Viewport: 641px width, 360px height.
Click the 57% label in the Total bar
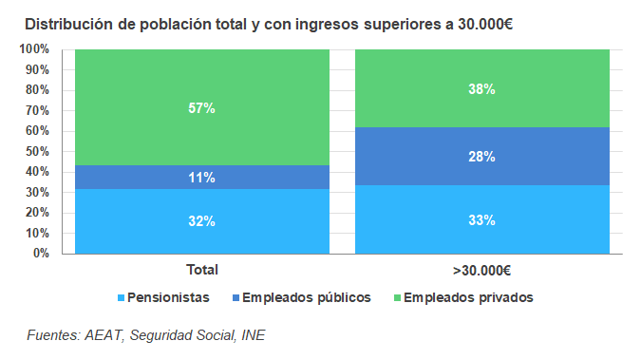pos(201,108)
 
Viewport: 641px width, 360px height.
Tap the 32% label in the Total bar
pos(201,221)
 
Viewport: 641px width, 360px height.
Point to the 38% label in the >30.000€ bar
pos(481,89)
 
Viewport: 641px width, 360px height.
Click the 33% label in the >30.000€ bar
pos(481,220)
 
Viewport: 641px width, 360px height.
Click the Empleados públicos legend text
pos(306,297)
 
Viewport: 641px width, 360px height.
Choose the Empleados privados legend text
pos(468,297)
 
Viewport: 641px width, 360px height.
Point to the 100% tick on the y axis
pos(34,49)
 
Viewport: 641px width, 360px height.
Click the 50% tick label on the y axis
pos(37,151)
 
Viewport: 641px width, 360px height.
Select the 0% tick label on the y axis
pos(41,254)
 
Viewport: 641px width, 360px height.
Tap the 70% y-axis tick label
pos(37,110)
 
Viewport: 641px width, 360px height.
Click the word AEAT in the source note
pos(104,334)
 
